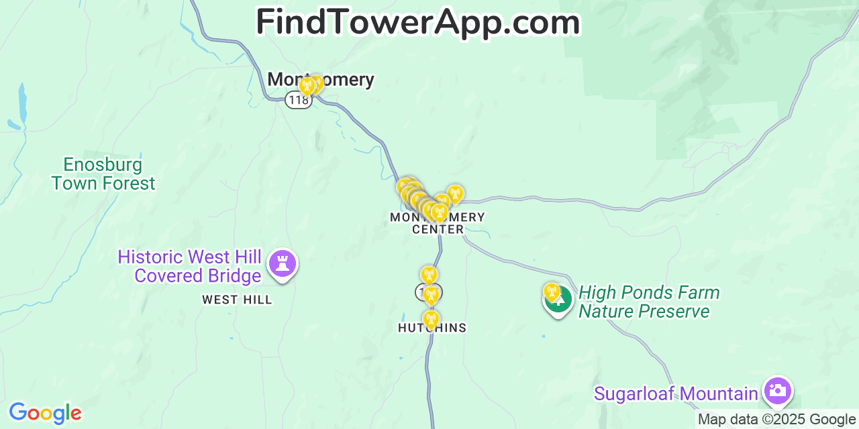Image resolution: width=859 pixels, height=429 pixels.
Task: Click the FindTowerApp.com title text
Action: (x=417, y=23)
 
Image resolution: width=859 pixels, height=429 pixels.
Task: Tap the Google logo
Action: (x=45, y=413)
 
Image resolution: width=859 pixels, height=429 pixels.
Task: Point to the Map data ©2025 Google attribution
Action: (x=777, y=420)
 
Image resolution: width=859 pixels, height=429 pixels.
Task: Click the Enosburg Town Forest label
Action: (x=103, y=174)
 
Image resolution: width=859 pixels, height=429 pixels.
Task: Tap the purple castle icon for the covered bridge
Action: (x=283, y=263)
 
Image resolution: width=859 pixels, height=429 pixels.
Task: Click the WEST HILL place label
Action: (x=237, y=300)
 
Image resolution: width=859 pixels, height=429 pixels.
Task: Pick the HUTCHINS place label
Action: (x=432, y=328)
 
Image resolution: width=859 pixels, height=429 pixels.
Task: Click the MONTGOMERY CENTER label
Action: (x=438, y=223)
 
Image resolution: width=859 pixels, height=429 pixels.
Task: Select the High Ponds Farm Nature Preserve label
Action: (x=648, y=302)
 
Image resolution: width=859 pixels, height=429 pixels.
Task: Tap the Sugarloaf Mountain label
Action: (x=676, y=393)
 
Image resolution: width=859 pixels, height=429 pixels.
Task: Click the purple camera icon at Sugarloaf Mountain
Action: (x=778, y=391)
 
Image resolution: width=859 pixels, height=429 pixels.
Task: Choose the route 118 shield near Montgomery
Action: (x=298, y=100)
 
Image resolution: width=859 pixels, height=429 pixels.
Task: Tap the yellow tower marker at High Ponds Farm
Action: (x=552, y=291)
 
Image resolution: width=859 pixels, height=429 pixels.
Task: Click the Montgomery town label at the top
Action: (x=321, y=79)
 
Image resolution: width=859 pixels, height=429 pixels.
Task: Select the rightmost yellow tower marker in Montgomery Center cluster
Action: (x=455, y=193)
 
